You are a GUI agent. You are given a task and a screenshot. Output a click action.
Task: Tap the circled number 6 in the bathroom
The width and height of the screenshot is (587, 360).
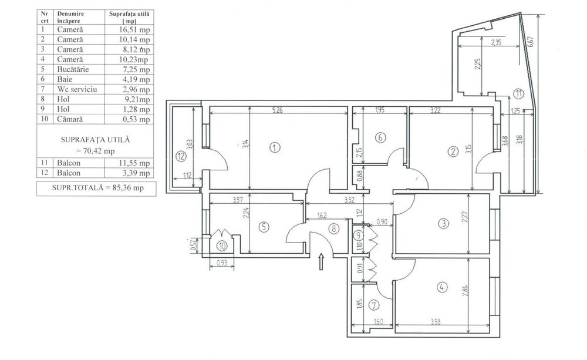(x=380, y=138)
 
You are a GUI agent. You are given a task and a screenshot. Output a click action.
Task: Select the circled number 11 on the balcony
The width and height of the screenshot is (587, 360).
(x=518, y=92)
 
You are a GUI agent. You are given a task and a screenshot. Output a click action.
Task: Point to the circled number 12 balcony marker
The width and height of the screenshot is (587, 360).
(x=181, y=156)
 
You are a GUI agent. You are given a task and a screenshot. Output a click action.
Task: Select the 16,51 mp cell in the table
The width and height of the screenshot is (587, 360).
(x=131, y=29)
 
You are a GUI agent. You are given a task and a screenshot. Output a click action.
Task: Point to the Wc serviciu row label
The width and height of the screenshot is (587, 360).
(x=76, y=89)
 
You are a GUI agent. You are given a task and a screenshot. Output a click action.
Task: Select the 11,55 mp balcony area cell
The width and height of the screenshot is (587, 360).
(x=131, y=163)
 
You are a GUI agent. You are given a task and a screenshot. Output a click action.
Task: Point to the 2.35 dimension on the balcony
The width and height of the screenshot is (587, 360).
(x=497, y=42)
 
